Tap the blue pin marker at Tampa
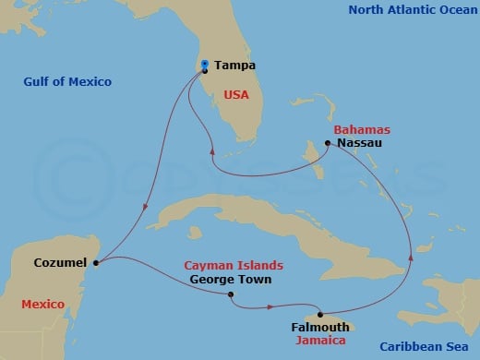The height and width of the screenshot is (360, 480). click(x=204, y=64)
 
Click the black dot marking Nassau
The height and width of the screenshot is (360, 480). click(x=328, y=143)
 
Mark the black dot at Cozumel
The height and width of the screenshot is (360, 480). click(x=96, y=262)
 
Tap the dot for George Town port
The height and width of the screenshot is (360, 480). click(x=230, y=295)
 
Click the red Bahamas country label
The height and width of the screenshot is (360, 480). click(x=358, y=130)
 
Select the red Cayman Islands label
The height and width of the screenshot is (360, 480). click(x=233, y=265)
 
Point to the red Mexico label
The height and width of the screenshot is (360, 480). click(x=42, y=304)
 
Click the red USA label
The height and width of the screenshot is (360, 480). click(x=236, y=93)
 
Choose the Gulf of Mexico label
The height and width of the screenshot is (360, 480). click(x=67, y=82)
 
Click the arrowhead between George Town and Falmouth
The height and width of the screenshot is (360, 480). click(x=270, y=306)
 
